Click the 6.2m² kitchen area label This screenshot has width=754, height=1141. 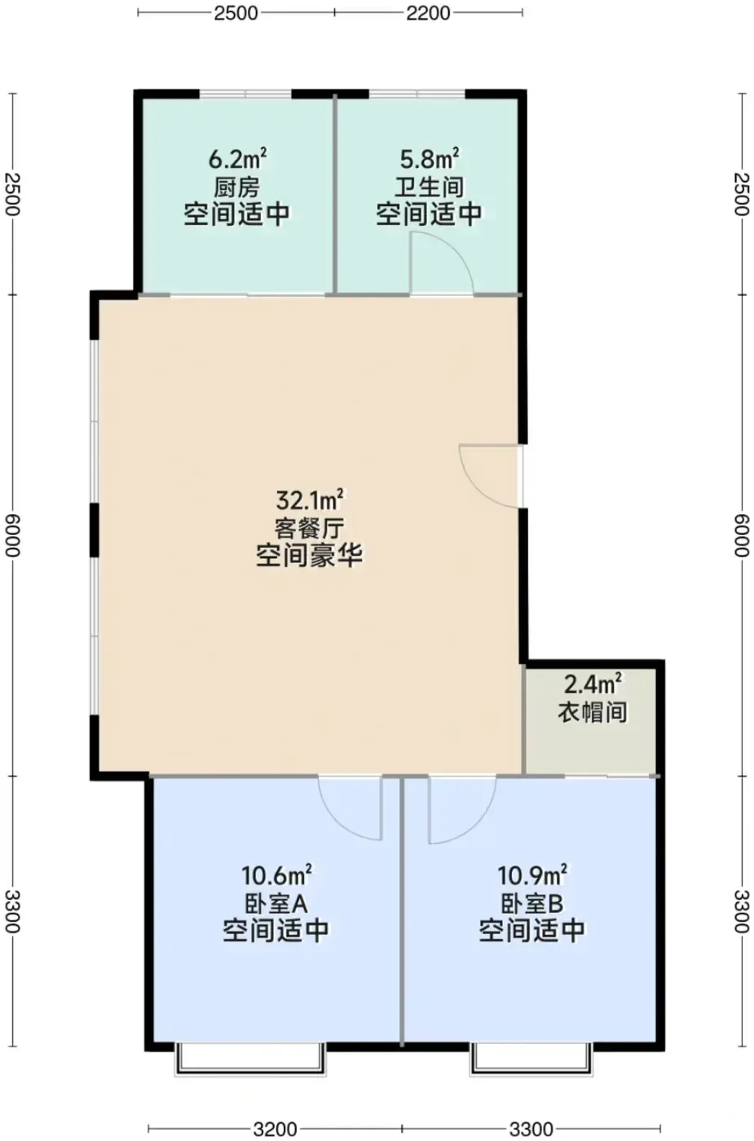coord(237,159)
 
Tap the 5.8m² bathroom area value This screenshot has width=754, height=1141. coord(429,159)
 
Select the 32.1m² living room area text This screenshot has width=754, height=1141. coord(309,500)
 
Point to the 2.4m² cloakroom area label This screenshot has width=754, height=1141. coord(593,685)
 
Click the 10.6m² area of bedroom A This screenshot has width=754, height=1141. coord(276,875)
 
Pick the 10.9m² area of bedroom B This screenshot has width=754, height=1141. coord(532,875)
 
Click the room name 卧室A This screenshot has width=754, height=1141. coord(276,903)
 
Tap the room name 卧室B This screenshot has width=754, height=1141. coord(532,903)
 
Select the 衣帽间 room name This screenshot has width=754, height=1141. coord(593,711)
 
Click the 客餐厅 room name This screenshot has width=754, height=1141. coord(309,527)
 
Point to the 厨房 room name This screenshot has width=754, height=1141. coord(237,187)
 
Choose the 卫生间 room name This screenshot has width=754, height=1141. coord(429,187)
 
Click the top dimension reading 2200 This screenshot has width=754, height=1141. coord(428,13)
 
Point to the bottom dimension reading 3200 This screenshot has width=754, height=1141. coord(276,1128)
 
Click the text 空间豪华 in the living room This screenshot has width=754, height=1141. coord(309,555)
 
